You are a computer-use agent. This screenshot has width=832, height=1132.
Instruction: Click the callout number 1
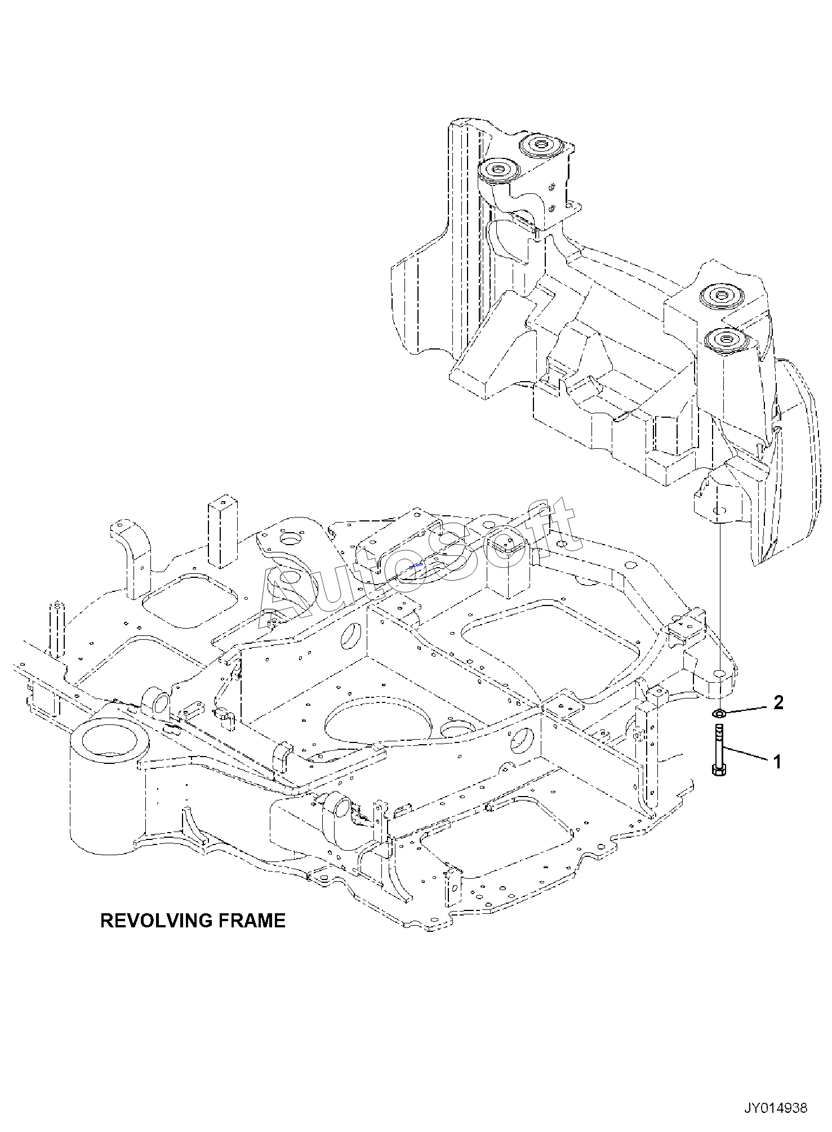[x=777, y=762]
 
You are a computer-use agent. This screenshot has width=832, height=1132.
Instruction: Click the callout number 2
[x=778, y=702]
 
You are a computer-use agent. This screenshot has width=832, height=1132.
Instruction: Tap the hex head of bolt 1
[x=719, y=770]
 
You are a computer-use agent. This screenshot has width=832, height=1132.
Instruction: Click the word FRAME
[x=251, y=921]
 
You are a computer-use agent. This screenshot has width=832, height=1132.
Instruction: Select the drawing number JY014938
[x=776, y=1108]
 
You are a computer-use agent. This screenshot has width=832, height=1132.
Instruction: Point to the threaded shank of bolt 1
[x=719, y=745]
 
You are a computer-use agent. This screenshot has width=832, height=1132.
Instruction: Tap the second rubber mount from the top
[x=498, y=170]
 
